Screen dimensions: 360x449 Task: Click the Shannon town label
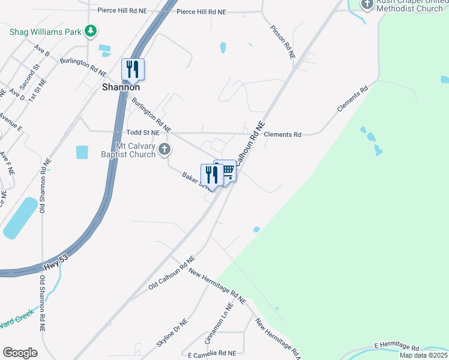click(x=120, y=87)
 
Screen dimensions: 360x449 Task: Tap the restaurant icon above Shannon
click(x=133, y=69)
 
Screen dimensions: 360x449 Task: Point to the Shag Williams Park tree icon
click(x=91, y=31)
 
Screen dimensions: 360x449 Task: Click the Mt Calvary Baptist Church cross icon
click(x=164, y=149)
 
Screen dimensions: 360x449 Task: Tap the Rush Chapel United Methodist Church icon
click(x=367, y=4)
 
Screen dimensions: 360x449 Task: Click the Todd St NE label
click(x=143, y=131)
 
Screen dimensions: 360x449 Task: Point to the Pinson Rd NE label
click(x=283, y=41)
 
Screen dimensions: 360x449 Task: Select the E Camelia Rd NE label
click(x=212, y=354)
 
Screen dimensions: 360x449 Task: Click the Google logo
click(x=20, y=353)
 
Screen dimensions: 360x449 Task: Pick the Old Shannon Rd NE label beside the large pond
click(x=43, y=186)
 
